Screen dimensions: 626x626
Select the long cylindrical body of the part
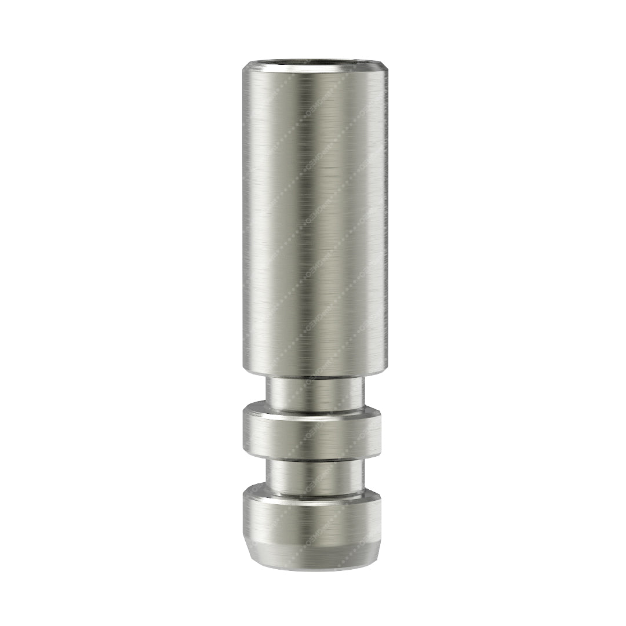pyautogui.click(x=313, y=220)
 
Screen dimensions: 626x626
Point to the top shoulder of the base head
pyautogui.click(x=313, y=493)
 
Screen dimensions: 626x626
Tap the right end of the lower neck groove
pyautogui.click(x=364, y=476)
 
